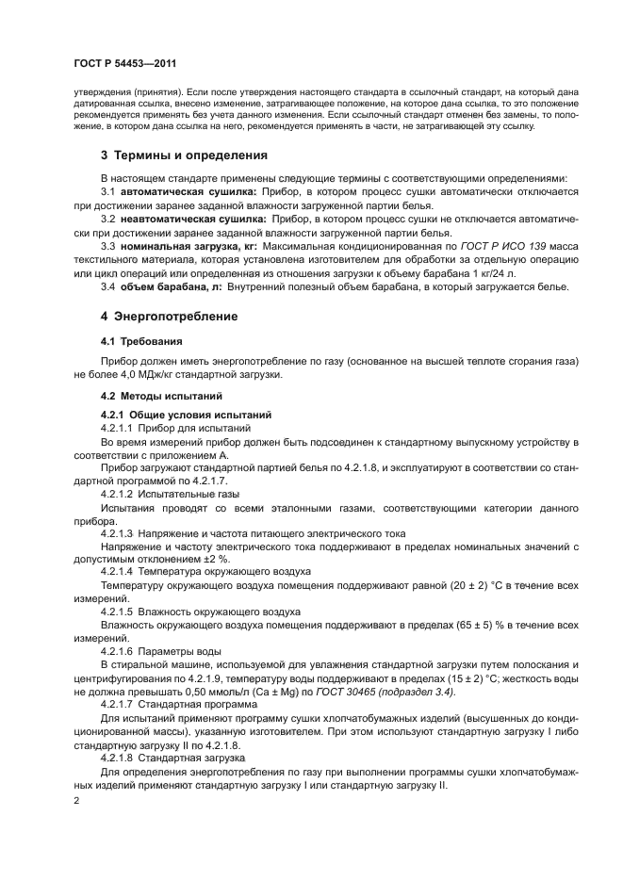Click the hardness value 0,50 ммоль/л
coord(197,692)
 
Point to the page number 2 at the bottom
coord(75,800)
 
